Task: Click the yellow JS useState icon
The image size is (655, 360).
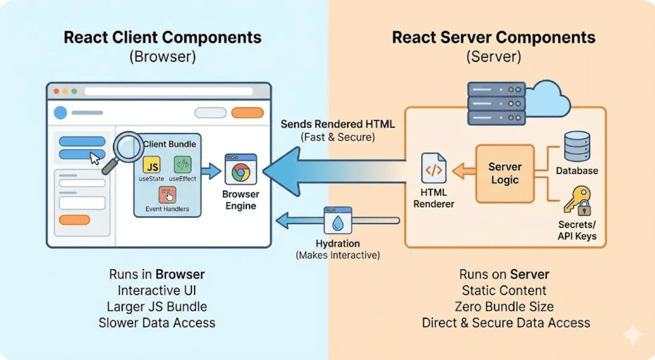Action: coord(151,165)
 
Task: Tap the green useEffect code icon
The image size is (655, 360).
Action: coord(182,164)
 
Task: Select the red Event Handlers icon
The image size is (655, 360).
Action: coord(167,195)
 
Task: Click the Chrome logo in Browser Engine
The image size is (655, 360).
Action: coord(241,173)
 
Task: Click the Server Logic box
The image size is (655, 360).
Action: coord(505,173)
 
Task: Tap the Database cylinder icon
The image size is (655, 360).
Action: coord(577,146)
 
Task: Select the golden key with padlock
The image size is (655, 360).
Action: coord(577,201)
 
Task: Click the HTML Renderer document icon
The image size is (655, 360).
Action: coord(434,169)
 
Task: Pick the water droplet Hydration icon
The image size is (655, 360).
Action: coord(338,222)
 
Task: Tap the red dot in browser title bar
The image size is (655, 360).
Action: coord(56,91)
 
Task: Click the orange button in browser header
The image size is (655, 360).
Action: coord(247,113)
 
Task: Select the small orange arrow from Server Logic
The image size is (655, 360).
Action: coord(463,171)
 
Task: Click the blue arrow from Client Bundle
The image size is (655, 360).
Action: coord(211,171)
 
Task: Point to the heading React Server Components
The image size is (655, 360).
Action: coord(493,37)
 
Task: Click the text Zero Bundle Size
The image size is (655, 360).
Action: coord(504,307)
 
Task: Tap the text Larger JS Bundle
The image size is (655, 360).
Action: coord(157,307)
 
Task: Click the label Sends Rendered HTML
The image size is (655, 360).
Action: coord(337,124)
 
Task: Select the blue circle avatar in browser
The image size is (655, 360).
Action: coord(60,113)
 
